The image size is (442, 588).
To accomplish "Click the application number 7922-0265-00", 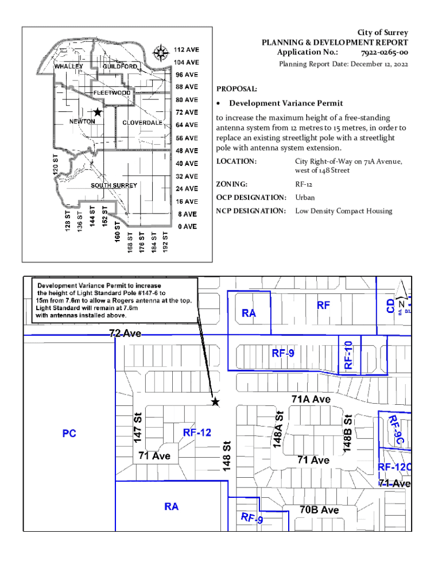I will point(384,52).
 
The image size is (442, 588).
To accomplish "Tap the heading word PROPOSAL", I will point(236,89).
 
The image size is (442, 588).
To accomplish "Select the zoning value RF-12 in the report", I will point(304,184).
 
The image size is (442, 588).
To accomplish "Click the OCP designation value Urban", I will point(305,198).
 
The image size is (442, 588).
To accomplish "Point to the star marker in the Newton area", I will point(98,112).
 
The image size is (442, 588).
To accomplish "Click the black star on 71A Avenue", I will point(215,402).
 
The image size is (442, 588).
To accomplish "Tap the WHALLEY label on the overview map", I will point(69,66).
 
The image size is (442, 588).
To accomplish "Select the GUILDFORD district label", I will point(119,67).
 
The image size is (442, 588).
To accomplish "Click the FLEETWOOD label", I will point(113,92).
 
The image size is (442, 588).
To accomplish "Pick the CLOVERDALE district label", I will point(142,123).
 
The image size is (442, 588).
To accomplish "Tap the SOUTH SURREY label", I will point(114,185).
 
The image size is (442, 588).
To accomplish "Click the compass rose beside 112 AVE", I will point(161,53).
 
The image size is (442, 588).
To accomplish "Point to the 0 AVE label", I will point(187,227).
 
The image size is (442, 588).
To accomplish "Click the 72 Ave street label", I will point(125,334).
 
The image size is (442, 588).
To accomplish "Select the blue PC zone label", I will point(69,434).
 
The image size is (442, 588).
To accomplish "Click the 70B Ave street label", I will point(319,510).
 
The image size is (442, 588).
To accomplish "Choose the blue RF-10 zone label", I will point(348,354).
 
